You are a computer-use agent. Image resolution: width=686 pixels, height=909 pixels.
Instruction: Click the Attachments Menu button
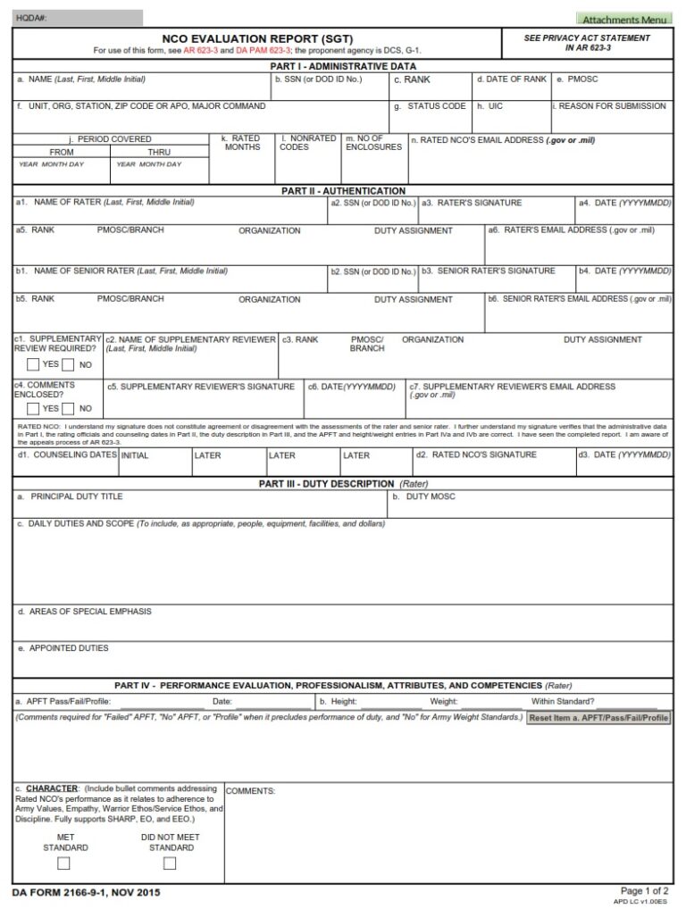click(x=624, y=19)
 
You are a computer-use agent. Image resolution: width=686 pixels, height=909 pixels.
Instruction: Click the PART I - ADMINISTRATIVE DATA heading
click(x=343, y=66)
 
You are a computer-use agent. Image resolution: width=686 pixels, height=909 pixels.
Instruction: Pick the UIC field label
click(x=496, y=106)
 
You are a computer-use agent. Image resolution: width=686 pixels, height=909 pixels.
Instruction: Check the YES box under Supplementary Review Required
click(x=33, y=364)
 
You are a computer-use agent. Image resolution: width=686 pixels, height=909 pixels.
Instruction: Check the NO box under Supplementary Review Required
click(x=69, y=364)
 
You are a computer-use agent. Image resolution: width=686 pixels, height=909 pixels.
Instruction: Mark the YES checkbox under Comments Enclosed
click(x=33, y=408)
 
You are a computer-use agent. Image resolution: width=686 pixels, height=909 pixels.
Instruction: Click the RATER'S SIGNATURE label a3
click(x=473, y=203)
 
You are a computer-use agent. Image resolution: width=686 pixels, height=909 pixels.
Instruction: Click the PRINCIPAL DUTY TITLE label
click(x=76, y=496)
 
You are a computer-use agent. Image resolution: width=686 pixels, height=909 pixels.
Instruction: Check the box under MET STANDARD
click(x=63, y=863)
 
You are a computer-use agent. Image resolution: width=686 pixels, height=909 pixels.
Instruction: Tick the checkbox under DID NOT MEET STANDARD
click(x=170, y=863)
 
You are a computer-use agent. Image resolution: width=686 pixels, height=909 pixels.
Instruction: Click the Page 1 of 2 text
click(x=644, y=890)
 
